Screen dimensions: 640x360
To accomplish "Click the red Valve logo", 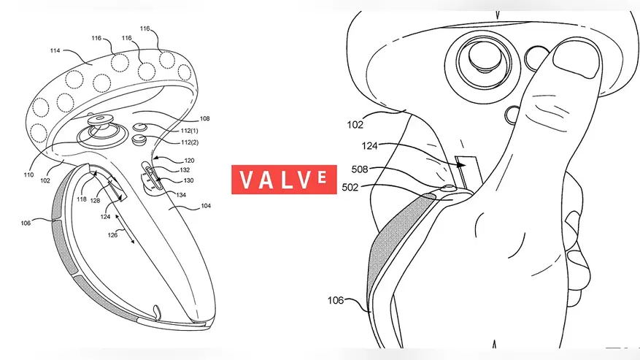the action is click(x=284, y=180).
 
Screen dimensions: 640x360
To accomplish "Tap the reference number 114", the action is click(x=55, y=50).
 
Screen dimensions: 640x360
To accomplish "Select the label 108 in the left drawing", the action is click(x=204, y=118).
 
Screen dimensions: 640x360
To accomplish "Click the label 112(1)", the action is click(x=190, y=131).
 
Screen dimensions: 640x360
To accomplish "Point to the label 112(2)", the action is click(x=190, y=142).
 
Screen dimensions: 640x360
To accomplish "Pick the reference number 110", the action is click(x=28, y=175).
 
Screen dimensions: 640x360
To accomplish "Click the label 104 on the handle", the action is click(x=206, y=206).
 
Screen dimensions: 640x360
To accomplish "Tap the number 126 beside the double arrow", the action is click(x=112, y=235).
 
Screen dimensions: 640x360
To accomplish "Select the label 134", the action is click(x=181, y=195).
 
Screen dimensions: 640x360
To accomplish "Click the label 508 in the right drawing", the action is click(x=360, y=169).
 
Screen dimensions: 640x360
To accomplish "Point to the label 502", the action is click(x=350, y=188).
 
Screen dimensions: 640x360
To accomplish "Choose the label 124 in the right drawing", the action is click(x=369, y=146).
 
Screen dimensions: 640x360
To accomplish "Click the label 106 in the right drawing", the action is click(x=336, y=301).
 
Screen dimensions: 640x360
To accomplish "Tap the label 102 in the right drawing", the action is click(x=355, y=125).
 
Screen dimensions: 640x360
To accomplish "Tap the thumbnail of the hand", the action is click(x=576, y=60).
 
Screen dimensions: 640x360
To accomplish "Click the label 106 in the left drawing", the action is click(x=26, y=223).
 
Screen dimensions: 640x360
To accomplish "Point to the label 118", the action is click(x=82, y=199).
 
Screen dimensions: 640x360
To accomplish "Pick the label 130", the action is click(x=188, y=180).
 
